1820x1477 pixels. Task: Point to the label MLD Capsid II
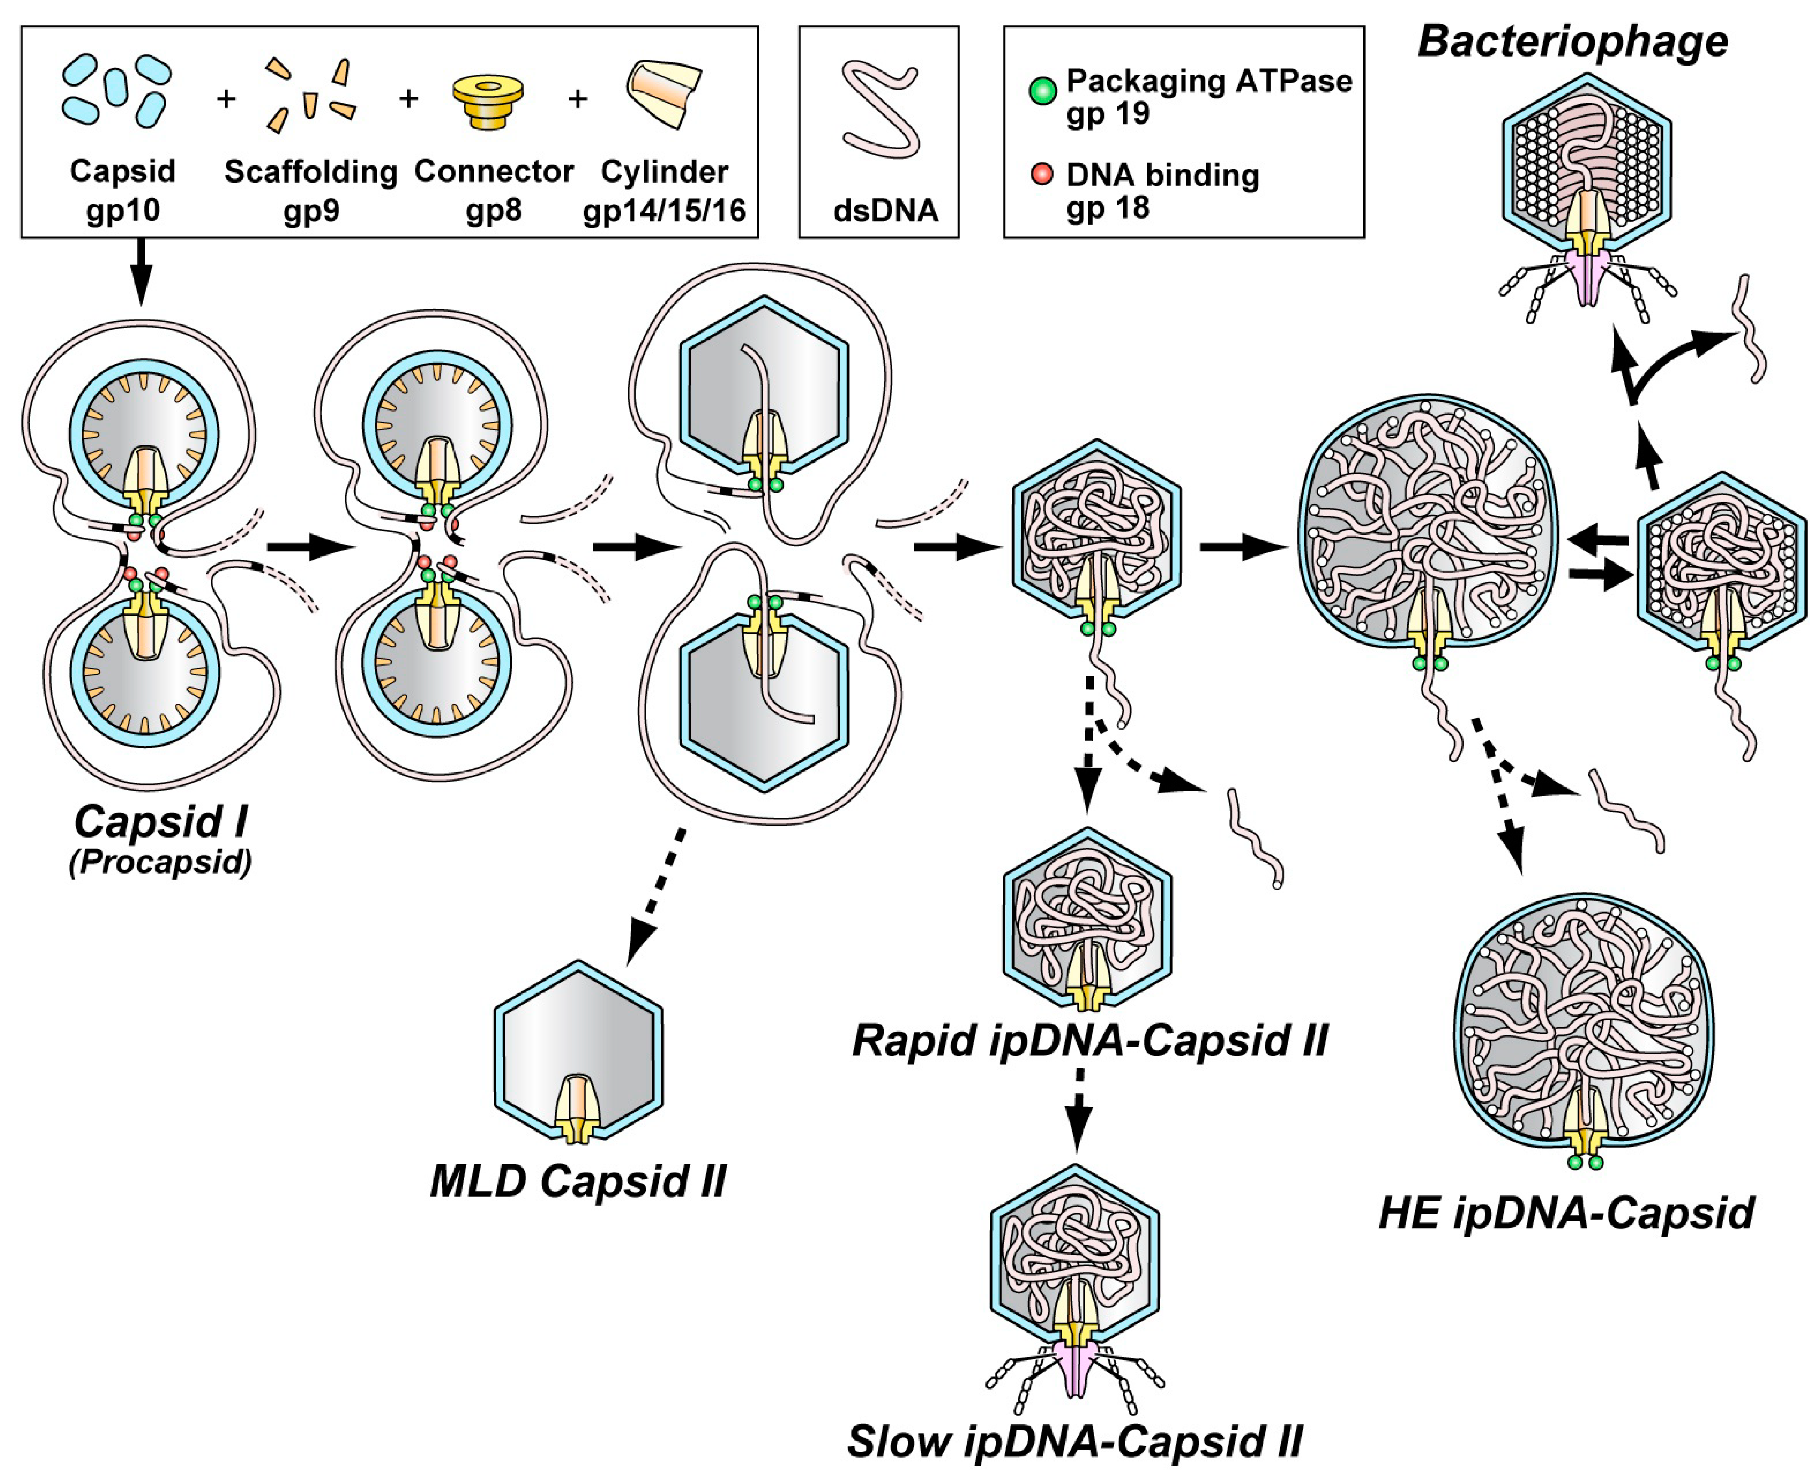578,1181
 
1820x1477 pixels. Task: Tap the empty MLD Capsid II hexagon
578,1055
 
